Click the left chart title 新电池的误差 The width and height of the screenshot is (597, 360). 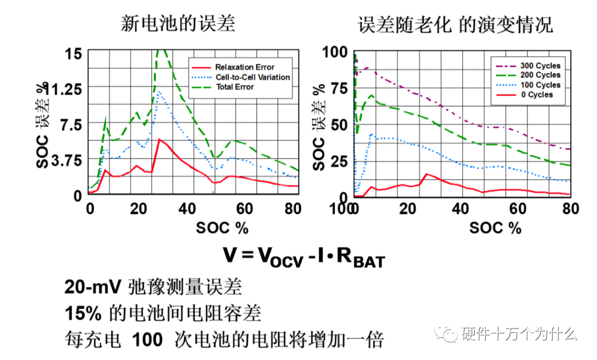(178, 24)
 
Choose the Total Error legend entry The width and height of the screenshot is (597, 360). (235, 87)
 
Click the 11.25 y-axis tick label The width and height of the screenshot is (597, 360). (65, 88)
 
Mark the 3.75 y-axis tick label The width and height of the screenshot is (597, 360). (66, 160)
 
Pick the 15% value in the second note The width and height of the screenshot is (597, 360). (82, 314)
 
